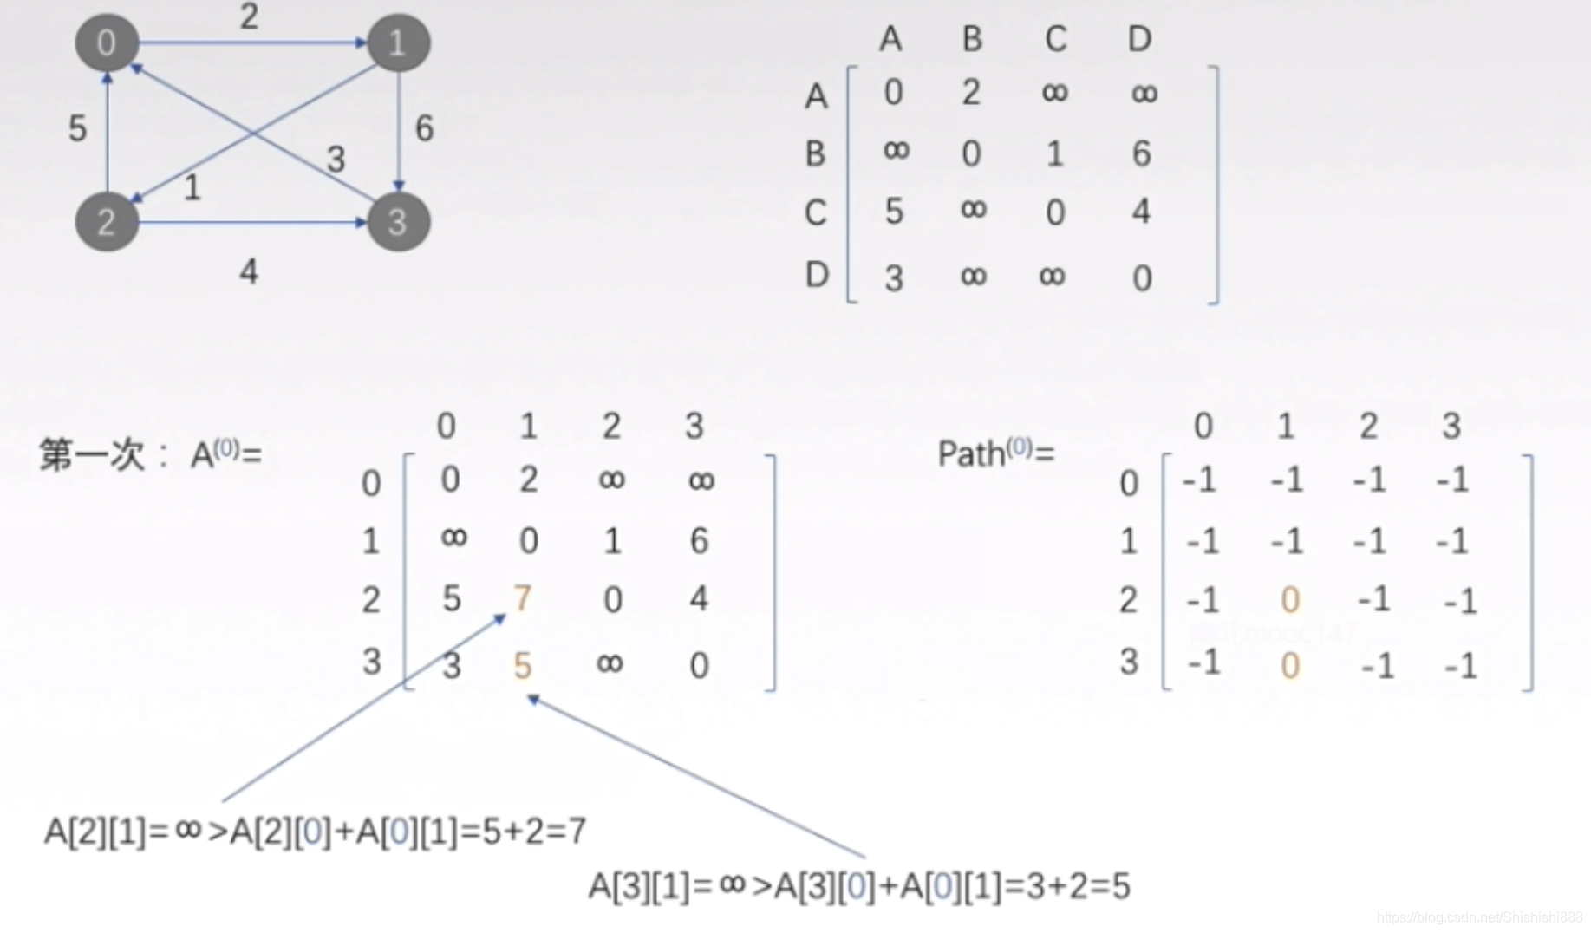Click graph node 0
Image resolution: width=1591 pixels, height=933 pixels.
click(106, 42)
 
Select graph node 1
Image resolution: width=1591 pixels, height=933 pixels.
click(398, 42)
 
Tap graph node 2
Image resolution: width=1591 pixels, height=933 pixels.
click(106, 222)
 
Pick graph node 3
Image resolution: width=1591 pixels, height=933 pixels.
click(398, 222)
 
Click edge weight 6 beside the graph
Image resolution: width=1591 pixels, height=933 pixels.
click(424, 128)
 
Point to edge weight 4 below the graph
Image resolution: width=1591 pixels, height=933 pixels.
click(249, 272)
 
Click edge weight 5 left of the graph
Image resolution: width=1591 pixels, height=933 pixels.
click(78, 128)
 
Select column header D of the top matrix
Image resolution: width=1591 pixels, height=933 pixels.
click(1139, 39)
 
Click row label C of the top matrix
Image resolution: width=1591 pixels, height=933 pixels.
click(815, 212)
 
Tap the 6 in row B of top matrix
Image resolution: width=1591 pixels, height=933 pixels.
click(1141, 154)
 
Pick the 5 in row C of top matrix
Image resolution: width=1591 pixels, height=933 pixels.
click(894, 212)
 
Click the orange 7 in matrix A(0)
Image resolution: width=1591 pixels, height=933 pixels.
click(522, 598)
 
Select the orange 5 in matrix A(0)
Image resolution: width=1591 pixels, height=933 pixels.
click(522, 666)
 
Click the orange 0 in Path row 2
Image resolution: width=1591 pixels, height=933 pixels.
click(1289, 599)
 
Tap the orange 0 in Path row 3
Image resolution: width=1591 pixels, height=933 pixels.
click(1289, 666)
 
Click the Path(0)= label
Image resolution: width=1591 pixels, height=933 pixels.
click(995, 453)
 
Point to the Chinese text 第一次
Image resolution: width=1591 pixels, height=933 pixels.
click(91, 454)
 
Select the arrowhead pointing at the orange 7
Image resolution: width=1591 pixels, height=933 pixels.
click(499, 618)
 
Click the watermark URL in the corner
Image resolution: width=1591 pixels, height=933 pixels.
click(1478, 917)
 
